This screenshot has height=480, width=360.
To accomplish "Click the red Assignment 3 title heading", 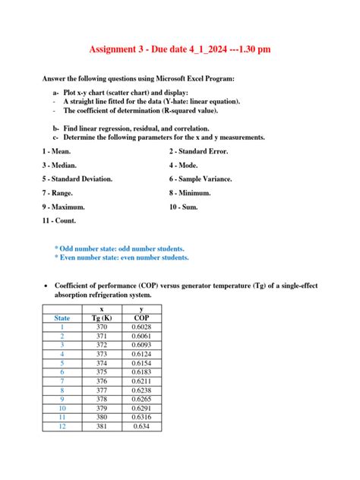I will point(180,49).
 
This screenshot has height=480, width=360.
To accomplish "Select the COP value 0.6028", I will point(141,327).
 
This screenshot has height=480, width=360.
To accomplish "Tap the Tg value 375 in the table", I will point(102,372).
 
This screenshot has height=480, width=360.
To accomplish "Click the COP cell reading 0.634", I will point(141,427).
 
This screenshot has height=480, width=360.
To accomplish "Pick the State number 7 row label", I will point(62,381).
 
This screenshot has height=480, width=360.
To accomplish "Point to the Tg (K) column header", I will point(102,317).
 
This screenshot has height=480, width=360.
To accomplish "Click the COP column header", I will point(141,317).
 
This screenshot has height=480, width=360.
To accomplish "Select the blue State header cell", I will point(62,317).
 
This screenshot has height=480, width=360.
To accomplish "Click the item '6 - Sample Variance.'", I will point(201,178).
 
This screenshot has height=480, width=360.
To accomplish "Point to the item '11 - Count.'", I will point(64,220).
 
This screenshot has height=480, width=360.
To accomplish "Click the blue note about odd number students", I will point(118,248).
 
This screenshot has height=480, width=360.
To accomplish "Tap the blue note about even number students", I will point(122,257).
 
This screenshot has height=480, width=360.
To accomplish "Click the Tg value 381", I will point(102,427).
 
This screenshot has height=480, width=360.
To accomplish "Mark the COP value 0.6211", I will point(141,381).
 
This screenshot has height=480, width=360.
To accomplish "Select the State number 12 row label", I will point(62,427).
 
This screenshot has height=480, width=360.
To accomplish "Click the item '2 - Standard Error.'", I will point(199,151).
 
